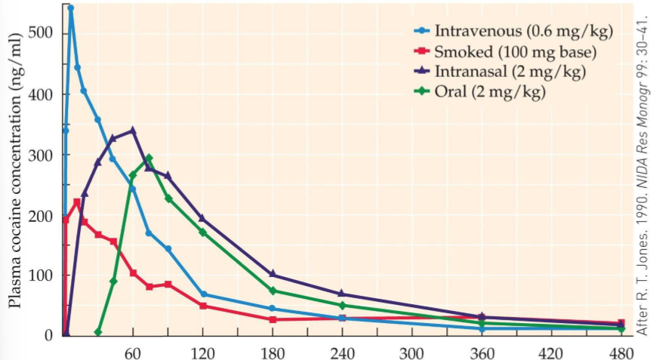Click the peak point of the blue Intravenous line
coord(71,8)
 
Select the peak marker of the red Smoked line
coord(76,202)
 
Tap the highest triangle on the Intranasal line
coord(133,131)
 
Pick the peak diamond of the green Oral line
coord(149,158)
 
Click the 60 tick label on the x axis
coord(133,352)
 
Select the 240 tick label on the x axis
coord(342,352)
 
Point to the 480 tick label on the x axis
coord(621,352)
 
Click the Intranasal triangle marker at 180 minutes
coord(273,274)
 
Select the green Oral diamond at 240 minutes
coord(342,306)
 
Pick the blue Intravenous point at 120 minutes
coord(203,294)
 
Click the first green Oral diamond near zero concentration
coord(98,332)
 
